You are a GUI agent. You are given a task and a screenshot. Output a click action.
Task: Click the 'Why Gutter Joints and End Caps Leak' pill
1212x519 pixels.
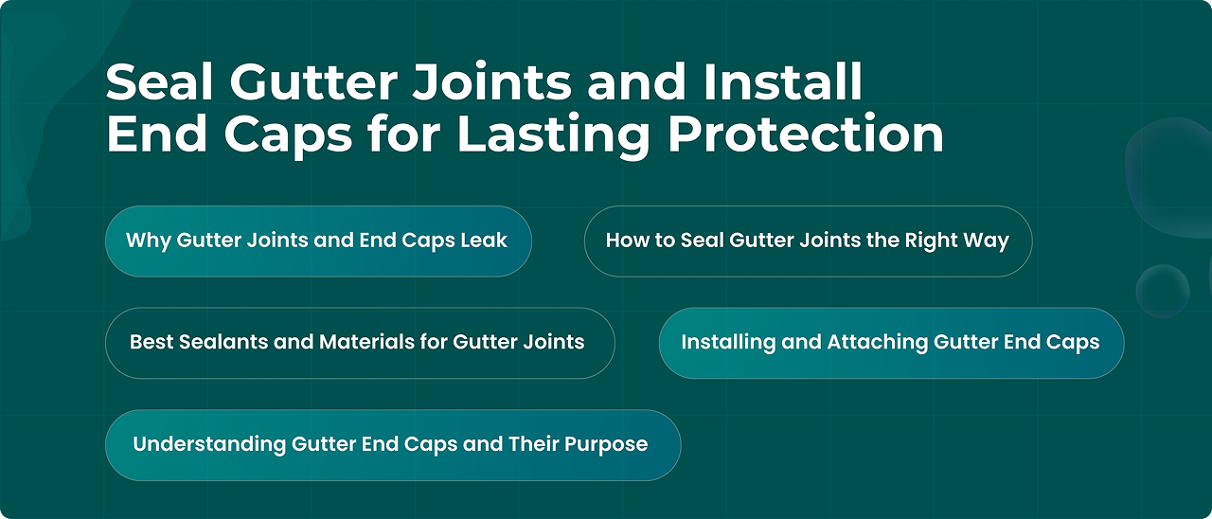tap(318, 242)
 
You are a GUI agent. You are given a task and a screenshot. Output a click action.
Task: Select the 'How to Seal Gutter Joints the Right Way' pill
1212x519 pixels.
tap(809, 242)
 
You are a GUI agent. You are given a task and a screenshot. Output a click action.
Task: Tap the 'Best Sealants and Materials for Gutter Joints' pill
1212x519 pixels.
tap(360, 343)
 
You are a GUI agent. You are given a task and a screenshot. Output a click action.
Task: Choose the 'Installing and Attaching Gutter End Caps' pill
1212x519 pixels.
tap(891, 343)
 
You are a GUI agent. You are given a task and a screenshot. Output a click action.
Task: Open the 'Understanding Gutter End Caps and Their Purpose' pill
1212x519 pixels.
tap(393, 445)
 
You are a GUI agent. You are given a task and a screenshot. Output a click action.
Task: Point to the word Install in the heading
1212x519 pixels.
tap(782, 81)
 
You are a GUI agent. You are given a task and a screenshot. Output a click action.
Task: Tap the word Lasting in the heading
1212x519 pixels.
tap(553, 134)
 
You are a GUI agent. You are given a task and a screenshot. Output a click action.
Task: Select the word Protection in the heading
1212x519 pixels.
tap(806, 134)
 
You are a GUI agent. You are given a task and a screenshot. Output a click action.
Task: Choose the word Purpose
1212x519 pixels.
tap(606, 445)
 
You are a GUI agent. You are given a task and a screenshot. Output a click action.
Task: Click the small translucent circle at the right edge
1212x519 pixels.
tap(1162, 291)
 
